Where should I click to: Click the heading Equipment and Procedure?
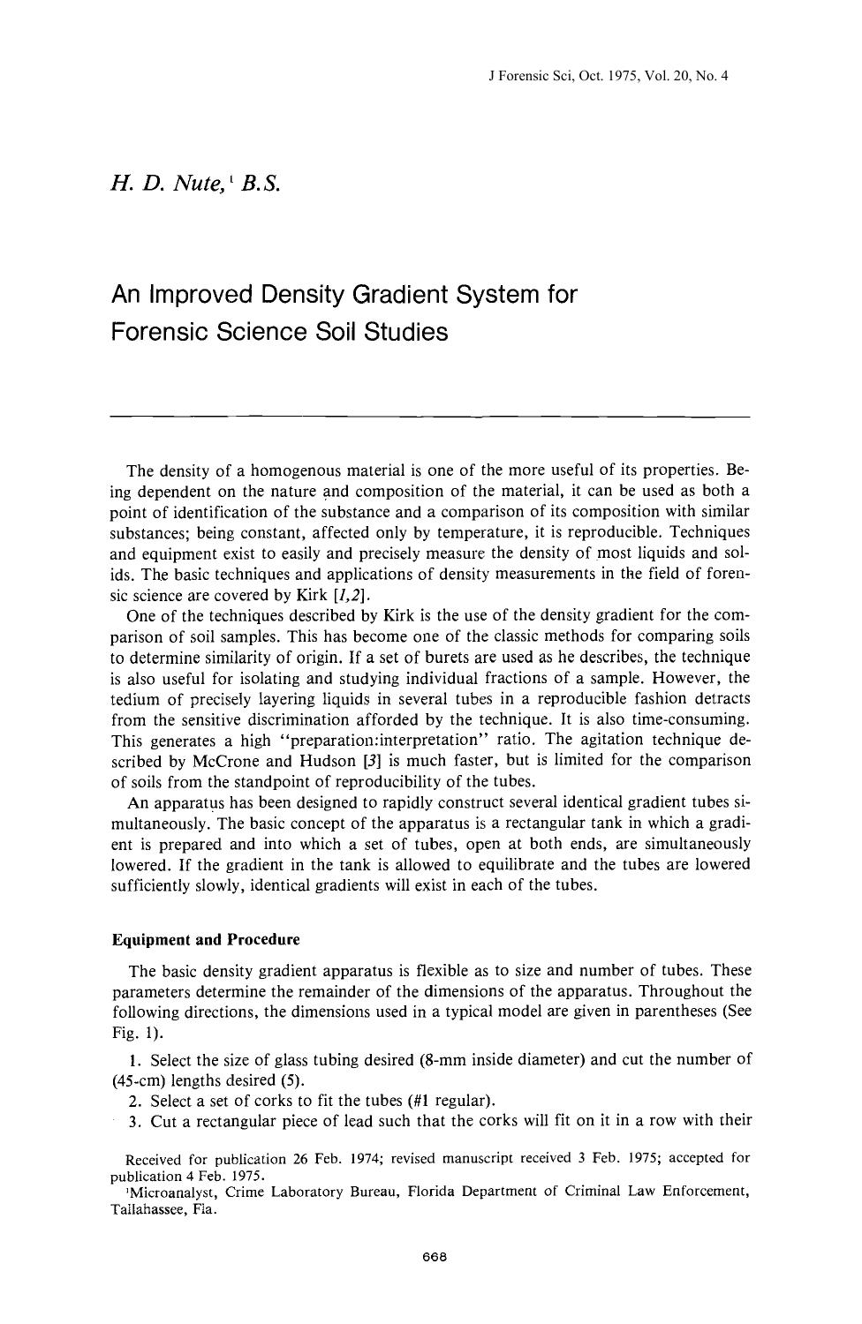(206, 938)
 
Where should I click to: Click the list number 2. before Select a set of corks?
(135, 1101)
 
